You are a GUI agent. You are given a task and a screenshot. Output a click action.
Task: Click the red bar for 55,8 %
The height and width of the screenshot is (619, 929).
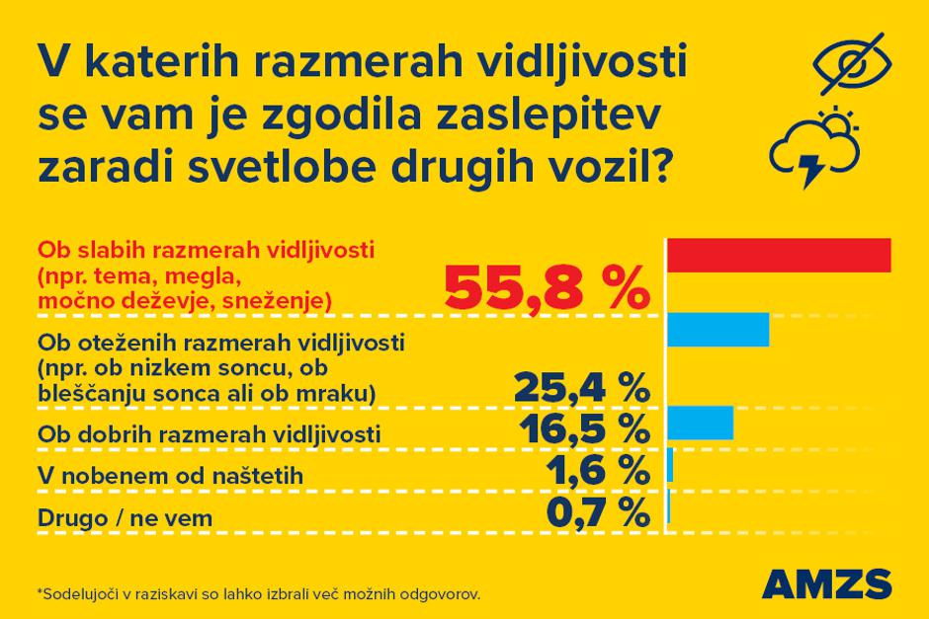(x=779, y=255)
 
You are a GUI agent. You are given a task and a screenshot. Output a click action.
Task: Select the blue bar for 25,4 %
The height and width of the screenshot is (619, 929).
(x=718, y=329)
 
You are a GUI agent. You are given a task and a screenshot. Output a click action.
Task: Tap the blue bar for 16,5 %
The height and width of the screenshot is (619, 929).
(x=701, y=422)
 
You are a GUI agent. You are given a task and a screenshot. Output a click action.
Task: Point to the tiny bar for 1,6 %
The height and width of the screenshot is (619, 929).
(x=670, y=464)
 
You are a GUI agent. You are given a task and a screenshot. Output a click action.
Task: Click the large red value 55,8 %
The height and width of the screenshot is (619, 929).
(x=547, y=285)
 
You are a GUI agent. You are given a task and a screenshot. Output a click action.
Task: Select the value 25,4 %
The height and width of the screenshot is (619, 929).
(x=581, y=387)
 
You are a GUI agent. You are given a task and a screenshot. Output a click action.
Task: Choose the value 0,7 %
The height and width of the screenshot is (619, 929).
(x=597, y=512)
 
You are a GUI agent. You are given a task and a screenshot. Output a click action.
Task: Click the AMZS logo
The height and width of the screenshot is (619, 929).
(x=827, y=582)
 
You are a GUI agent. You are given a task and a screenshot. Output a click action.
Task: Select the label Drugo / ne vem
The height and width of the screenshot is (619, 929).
(x=125, y=517)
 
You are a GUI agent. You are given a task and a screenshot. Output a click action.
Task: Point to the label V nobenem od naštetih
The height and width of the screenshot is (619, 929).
(x=169, y=476)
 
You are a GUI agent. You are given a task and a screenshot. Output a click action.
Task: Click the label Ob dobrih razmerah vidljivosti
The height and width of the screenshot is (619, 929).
(x=209, y=433)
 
